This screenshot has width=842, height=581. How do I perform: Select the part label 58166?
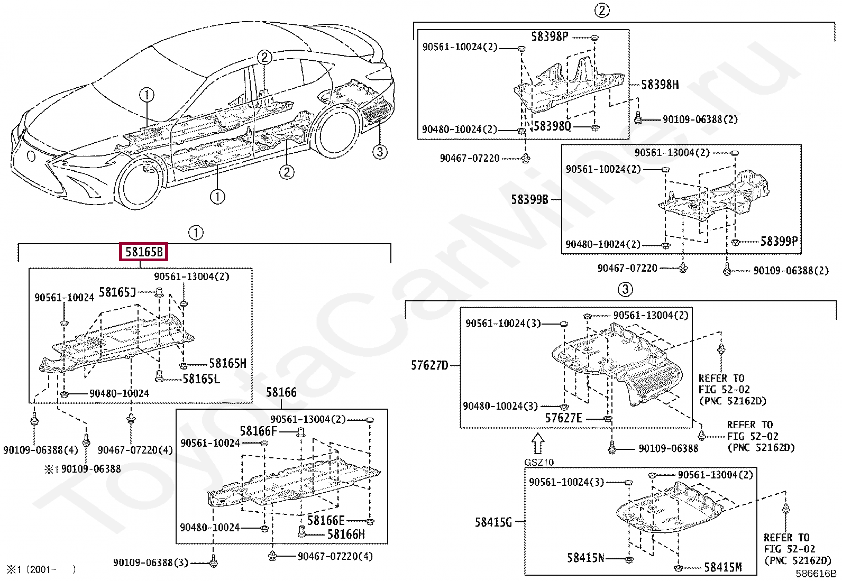pos(281,392)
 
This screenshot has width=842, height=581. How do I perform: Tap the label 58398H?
pos(660,85)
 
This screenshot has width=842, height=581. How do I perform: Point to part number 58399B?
pos(529,200)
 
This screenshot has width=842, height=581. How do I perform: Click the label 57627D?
pos(429,365)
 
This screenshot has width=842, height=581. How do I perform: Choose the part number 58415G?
pos(493,522)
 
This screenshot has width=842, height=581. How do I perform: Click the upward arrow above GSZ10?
pos(537,444)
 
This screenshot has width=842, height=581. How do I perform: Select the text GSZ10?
pos(538,462)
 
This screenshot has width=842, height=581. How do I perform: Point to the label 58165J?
pos(117,292)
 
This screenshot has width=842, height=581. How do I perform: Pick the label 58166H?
pos(346,534)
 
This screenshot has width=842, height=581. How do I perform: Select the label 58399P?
pos(779,242)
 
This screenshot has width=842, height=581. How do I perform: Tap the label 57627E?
pos(563,418)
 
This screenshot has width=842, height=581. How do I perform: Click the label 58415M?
pos(722,567)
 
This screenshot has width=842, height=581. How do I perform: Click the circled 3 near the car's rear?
pos(379,152)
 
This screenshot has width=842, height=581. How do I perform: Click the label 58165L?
pos(200,379)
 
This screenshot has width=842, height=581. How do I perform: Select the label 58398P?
pos(550,36)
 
